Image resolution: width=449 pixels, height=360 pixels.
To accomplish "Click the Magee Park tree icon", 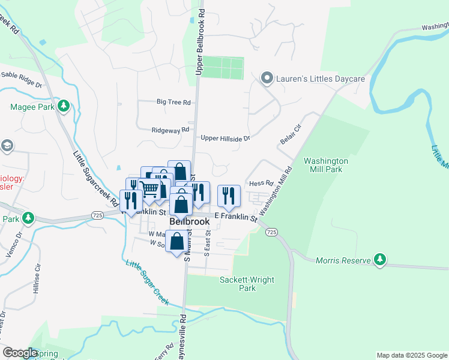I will [x=62, y=107].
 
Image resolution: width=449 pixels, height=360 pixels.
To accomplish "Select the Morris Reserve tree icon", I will [x=379, y=259].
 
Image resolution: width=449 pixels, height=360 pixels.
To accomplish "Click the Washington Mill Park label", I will [x=325, y=165].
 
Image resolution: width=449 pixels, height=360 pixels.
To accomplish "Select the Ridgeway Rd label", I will [x=170, y=129].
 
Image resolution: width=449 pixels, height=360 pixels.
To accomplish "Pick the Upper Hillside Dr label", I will [x=225, y=138].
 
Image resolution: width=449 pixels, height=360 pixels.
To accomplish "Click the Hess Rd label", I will [x=261, y=183].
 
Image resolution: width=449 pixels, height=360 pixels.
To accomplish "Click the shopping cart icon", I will [x=151, y=188].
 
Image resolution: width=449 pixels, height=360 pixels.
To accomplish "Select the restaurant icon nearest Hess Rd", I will [x=229, y=195].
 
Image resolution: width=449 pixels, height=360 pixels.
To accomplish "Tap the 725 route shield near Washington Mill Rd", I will [x=271, y=232].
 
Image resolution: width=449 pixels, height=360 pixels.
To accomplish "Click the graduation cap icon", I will [x=7, y=146].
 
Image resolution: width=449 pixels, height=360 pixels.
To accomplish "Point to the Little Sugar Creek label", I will [x=147, y=281].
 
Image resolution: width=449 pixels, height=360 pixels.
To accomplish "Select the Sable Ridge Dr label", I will [x=21, y=75].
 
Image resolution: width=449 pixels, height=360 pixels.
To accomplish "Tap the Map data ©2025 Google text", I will [x=412, y=355].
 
